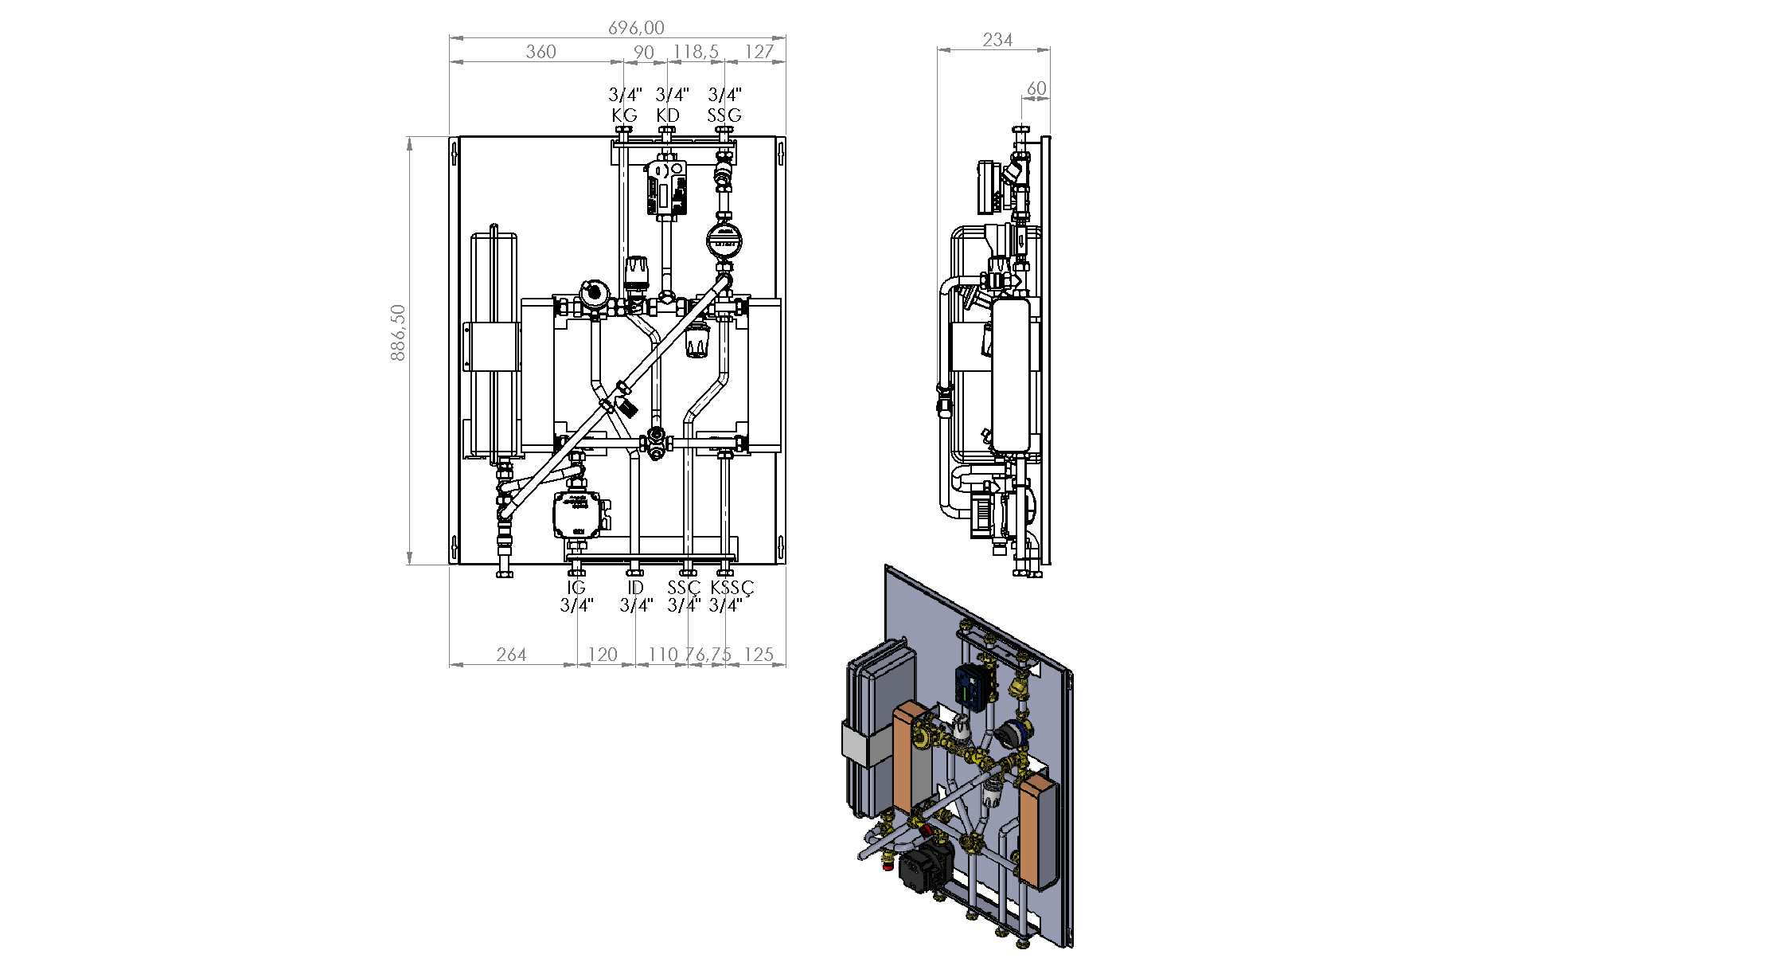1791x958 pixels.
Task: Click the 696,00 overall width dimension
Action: (x=636, y=28)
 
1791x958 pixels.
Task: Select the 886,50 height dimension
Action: (x=398, y=332)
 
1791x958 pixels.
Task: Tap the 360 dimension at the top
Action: (x=540, y=52)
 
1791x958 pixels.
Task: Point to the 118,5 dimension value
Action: (x=696, y=52)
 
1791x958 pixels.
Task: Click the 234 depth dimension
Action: (x=997, y=40)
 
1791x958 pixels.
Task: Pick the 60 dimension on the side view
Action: (x=1036, y=88)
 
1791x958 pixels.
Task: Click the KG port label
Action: (x=625, y=115)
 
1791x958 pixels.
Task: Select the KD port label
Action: (x=668, y=115)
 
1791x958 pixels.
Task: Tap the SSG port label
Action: (x=724, y=115)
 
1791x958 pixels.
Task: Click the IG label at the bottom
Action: (x=576, y=588)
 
